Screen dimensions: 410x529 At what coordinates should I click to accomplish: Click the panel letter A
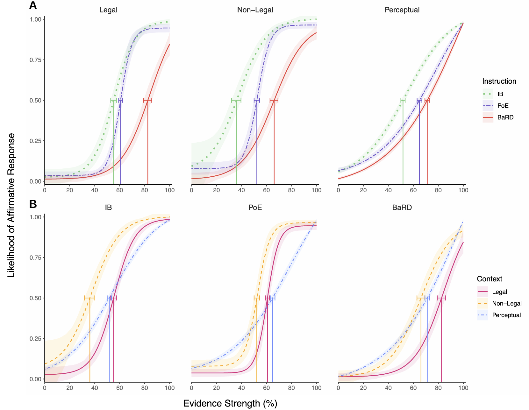click(x=33, y=5)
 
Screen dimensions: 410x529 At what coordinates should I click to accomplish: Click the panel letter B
click(x=33, y=204)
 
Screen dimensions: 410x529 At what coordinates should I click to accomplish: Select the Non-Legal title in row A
click(x=255, y=10)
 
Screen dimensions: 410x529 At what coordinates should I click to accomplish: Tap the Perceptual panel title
click(x=402, y=10)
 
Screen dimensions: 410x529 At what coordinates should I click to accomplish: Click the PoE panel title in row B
click(x=255, y=208)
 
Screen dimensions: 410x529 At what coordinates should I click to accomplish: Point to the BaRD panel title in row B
click(x=402, y=208)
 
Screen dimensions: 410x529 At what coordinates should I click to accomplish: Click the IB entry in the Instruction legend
click(x=500, y=94)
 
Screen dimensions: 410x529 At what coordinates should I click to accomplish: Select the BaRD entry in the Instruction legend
click(x=505, y=117)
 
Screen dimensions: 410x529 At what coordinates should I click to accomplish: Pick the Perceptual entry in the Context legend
click(x=506, y=315)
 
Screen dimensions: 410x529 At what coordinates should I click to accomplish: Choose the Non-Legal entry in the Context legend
click(x=507, y=303)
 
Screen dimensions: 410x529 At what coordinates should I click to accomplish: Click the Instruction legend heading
click(x=499, y=81)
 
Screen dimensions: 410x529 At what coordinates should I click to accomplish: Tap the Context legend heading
click(x=490, y=279)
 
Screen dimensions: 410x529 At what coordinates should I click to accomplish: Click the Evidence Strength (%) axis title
click(x=230, y=403)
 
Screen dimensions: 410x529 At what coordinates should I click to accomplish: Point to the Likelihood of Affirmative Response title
click(x=11, y=205)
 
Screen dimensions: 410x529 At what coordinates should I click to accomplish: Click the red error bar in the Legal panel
click(x=147, y=100)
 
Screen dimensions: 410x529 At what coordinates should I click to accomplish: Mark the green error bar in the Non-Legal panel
click(x=236, y=100)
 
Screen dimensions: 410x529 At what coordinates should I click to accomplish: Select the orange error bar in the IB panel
click(x=89, y=298)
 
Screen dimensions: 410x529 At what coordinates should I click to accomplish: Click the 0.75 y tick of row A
click(x=35, y=60)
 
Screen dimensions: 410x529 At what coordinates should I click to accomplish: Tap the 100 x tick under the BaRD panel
click(x=463, y=388)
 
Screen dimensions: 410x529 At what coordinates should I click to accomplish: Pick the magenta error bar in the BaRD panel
click(x=441, y=298)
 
